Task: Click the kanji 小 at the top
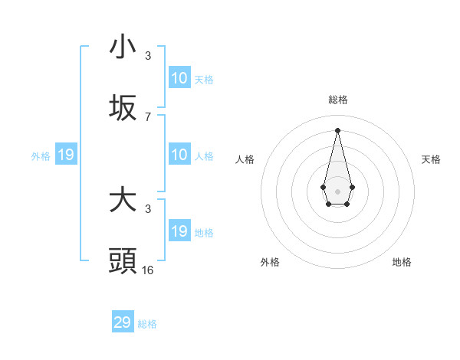point(123,47)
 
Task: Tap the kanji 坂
point(123,109)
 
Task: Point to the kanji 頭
point(123,261)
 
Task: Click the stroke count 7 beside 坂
point(148,117)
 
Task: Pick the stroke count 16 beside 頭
point(148,270)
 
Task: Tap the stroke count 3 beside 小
point(148,56)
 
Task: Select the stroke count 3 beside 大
point(148,208)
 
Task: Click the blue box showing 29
point(123,322)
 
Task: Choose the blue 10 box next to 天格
point(179,78)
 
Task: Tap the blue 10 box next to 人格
point(179,155)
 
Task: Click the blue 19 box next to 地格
point(179,231)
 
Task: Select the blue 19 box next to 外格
point(66,155)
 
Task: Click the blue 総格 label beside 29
point(147,324)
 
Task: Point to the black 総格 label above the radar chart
point(337,100)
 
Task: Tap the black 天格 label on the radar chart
point(432,159)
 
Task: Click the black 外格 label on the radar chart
point(270,262)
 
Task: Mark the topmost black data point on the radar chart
point(337,129)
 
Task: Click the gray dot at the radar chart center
point(337,190)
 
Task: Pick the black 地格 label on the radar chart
point(402,262)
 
